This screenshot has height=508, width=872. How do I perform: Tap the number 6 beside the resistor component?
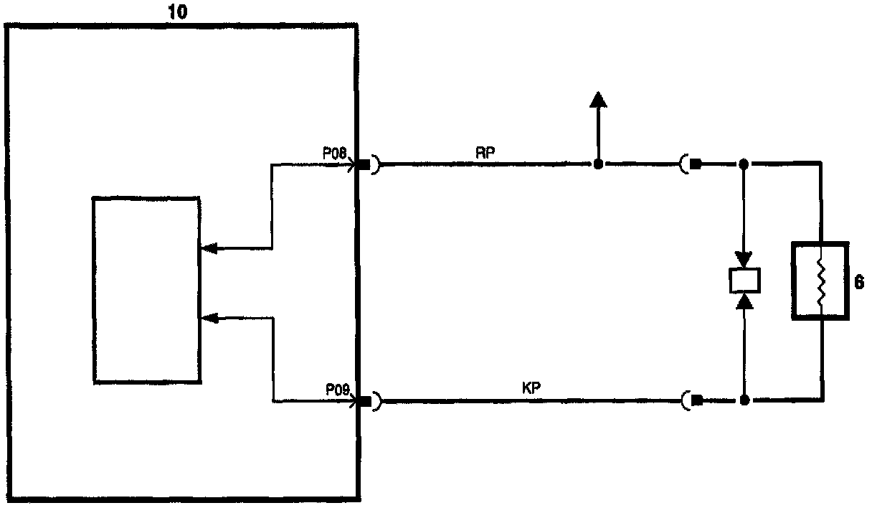tap(859, 283)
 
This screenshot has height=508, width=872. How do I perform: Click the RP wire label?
tap(483, 152)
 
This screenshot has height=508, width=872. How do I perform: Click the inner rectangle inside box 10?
tap(147, 289)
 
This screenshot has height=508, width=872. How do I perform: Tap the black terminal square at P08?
tap(364, 166)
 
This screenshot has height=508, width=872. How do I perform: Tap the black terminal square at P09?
tap(364, 401)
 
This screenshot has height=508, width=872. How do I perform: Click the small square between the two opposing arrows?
tap(744, 280)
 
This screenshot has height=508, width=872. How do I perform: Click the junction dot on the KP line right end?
tap(744, 400)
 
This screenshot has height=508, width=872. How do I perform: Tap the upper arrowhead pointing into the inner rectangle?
tap(209, 248)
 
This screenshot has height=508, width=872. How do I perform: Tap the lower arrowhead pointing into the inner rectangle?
tap(209, 318)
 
